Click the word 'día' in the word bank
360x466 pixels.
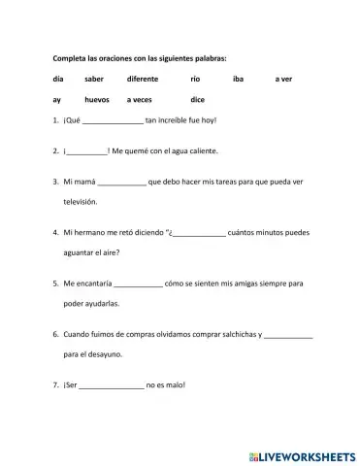point(58,77)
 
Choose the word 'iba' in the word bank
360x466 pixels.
point(239,77)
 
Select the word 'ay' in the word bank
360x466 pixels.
point(58,100)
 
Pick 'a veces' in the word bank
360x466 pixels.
point(141,100)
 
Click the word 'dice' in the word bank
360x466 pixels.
point(197,100)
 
